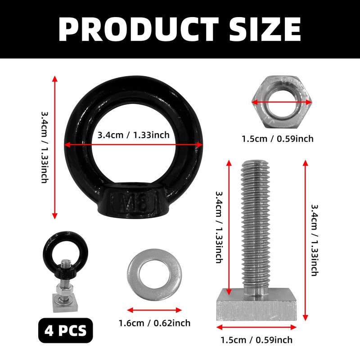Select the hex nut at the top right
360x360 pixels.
[x=282, y=102]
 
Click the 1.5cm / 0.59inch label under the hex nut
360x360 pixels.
[x=278, y=139]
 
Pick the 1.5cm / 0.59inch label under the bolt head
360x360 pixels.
[x=256, y=340]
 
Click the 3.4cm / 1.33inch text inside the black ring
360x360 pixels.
[x=134, y=135]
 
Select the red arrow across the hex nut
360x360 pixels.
[x=282, y=102]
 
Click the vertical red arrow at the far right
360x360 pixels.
[x=306, y=238]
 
